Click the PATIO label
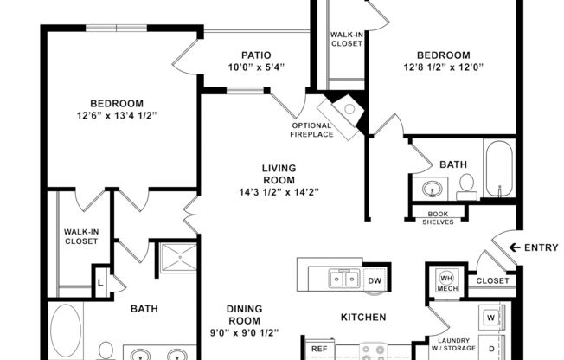[244, 55]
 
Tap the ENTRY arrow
[515, 247]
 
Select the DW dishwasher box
[375, 280]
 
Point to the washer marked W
[491, 316]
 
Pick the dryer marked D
[491, 348]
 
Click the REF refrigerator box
[319, 349]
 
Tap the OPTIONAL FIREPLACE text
[311, 130]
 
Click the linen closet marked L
[100, 282]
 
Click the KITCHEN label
[362, 318]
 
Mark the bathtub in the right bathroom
[499, 170]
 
